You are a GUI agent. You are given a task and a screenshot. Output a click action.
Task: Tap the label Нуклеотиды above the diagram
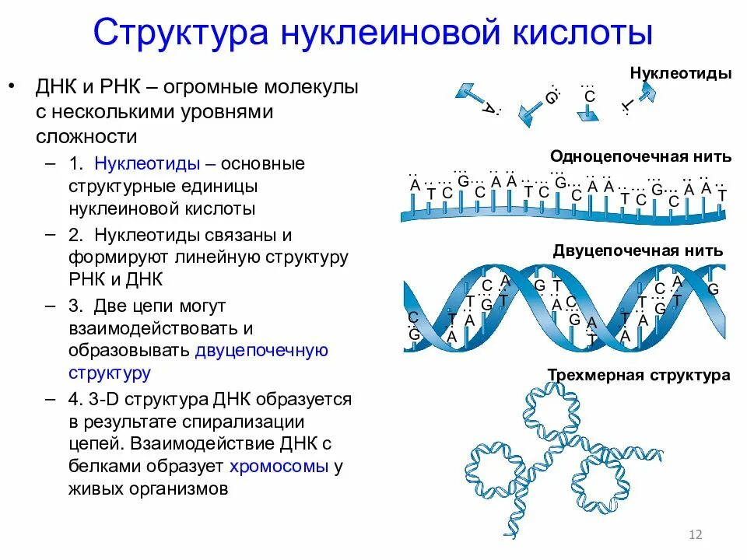[681, 74]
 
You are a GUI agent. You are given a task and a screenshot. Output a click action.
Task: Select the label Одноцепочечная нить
[640, 156]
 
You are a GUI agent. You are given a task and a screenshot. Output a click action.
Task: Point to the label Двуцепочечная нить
[638, 250]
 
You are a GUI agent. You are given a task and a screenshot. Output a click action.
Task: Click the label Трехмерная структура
[639, 376]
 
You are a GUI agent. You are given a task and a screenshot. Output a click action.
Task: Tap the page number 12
[696, 534]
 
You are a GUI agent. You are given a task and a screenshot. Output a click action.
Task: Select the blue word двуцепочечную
[261, 350]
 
